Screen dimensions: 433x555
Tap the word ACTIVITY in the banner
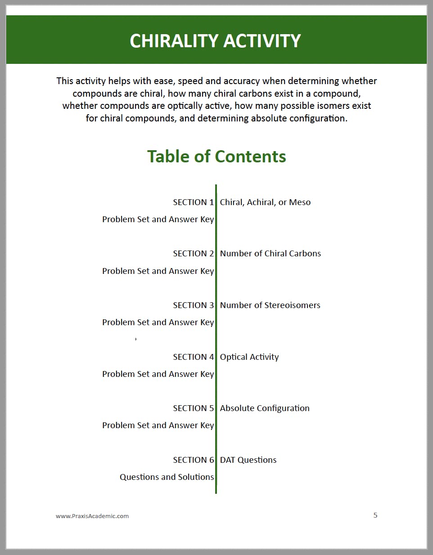click(262, 41)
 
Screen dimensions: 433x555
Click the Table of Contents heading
click(216, 156)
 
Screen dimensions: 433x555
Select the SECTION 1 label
click(193, 202)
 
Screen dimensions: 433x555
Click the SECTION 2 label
click(193, 253)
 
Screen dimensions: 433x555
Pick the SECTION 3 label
click(193, 305)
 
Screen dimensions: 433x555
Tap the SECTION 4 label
click(193, 357)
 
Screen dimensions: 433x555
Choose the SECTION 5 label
click(193, 408)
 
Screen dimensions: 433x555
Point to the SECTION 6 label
click(193, 460)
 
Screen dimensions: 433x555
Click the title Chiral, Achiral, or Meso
click(265, 202)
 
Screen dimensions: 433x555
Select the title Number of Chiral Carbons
click(270, 253)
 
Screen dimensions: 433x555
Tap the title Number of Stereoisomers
click(270, 305)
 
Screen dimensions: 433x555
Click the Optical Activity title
click(249, 357)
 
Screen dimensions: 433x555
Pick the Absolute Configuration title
click(265, 408)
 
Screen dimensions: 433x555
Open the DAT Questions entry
click(248, 460)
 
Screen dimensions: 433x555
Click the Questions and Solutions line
click(167, 477)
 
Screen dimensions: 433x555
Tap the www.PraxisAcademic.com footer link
click(92, 516)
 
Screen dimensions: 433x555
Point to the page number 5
click(375, 515)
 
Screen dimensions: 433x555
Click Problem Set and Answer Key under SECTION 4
click(158, 374)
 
